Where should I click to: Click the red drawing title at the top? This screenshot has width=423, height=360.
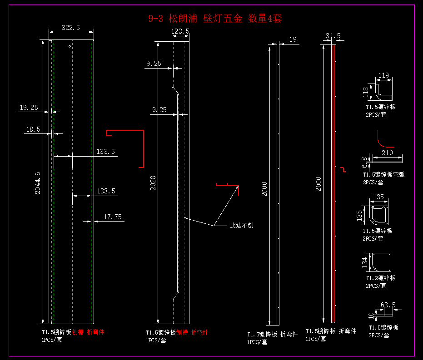point(215,19)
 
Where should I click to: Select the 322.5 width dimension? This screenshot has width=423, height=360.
point(71,28)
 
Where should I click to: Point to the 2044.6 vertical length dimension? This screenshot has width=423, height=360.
point(38,183)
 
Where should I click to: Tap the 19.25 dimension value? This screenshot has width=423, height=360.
point(29,108)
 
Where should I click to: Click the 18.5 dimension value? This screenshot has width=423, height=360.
point(33,129)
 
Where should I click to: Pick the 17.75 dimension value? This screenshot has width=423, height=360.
point(113,217)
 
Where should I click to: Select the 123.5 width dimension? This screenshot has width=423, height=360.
point(180,31)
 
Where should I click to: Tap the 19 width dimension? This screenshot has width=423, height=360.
point(293,39)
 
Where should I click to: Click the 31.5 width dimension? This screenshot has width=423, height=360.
point(333,36)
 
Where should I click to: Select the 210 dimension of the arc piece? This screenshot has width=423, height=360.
point(387,153)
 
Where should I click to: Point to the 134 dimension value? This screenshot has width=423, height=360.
point(364,262)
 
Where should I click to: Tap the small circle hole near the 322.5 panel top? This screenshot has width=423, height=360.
point(70,46)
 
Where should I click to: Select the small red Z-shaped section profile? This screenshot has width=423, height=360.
point(343,169)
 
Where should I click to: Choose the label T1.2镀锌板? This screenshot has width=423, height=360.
point(381,278)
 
